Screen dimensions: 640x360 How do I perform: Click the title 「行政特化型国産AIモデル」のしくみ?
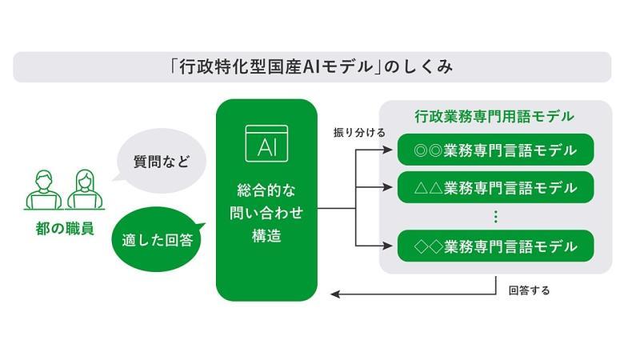tap(312, 67)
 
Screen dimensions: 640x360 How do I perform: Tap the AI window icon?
tap(266, 144)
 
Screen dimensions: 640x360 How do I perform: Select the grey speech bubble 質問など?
tap(160, 161)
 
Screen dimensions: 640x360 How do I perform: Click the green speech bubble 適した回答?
tap(158, 239)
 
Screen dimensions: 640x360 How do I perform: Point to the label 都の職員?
tap(65, 229)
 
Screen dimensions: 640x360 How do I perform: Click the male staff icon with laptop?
tap(44, 190)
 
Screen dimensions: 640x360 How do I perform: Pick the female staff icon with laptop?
tap(85, 190)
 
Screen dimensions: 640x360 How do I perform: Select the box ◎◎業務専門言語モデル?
tap(495, 150)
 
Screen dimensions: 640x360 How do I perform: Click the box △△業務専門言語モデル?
tap(495, 187)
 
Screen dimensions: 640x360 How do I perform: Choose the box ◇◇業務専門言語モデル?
tap(495, 246)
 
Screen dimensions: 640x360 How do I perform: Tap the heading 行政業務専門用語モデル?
tap(494, 117)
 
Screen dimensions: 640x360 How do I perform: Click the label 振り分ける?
tap(359, 133)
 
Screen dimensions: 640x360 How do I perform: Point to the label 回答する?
tap(529, 290)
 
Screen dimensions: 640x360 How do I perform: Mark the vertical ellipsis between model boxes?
tap(495, 216)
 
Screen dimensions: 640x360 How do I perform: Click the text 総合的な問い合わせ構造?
tap(266, 213)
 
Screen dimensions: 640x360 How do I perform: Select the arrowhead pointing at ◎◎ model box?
tap(387, 150)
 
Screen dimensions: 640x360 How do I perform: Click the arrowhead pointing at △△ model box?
tap(387, 187)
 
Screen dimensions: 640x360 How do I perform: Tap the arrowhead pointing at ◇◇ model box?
tap(387, 246)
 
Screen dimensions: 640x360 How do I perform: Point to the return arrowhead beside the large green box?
tap(335, 294)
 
